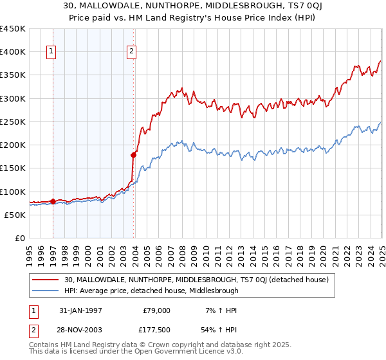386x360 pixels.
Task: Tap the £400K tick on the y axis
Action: (14, 52)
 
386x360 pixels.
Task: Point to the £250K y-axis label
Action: (14, 122)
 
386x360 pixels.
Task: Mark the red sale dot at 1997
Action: (53, 201)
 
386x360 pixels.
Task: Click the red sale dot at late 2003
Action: (133, 155)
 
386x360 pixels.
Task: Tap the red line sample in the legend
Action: (46, 280)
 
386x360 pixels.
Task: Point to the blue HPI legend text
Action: (151, 291)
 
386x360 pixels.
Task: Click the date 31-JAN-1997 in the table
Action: (78, 310)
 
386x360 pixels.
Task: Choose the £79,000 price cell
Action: (156, 310)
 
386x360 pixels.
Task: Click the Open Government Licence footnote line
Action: (136, 352)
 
